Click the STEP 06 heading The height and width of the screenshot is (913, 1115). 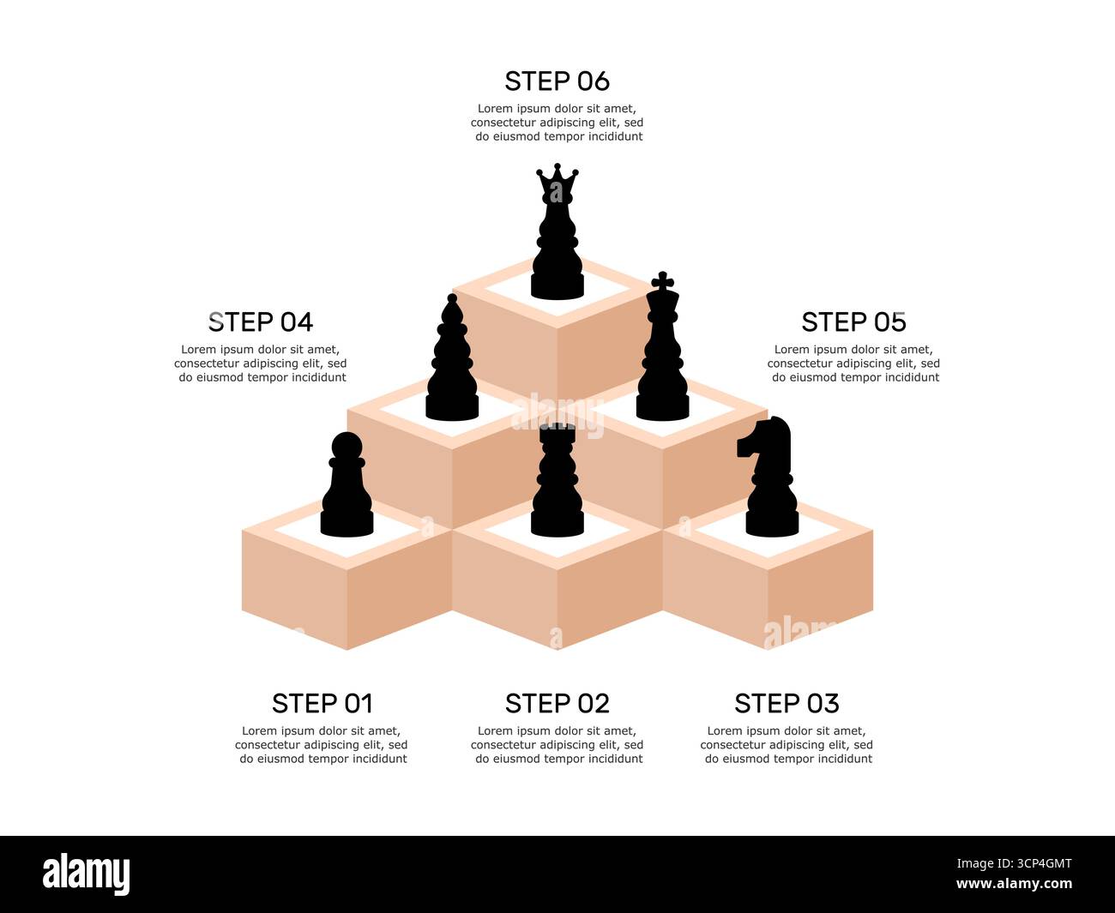click(x=557, y=81)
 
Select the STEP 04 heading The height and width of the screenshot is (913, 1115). click(x=261, y=322)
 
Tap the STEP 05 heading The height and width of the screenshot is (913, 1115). click(x=853, y=322)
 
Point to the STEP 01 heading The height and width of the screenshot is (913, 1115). click(x=322, y=704)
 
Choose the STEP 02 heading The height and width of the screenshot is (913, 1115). click(x=557, y=704)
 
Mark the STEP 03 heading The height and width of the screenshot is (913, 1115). click(x=787, y=704)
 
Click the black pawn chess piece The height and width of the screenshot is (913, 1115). click(x=347, y=493)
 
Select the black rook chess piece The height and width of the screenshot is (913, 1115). click(x=557, y=489)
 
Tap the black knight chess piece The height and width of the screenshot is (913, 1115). click(x=770, y=484)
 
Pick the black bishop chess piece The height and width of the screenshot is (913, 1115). click(x=452, y=364)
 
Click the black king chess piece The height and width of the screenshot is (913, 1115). click(x=662, y=360)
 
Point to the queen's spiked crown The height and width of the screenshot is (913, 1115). click(x=557, y=182)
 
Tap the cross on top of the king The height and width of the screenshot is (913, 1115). click(x=662, y=280)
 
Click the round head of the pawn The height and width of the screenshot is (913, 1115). click(x=347, y=447)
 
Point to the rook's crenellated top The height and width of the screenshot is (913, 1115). click(x=557, y=431)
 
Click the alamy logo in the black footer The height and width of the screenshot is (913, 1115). click(x=87, y=874)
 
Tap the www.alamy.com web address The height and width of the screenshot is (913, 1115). click(x=1014, y=884)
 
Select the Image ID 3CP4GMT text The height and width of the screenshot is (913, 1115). click(x=1014, y=863)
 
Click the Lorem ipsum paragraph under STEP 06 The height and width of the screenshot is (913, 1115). click(x=557, y=123)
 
